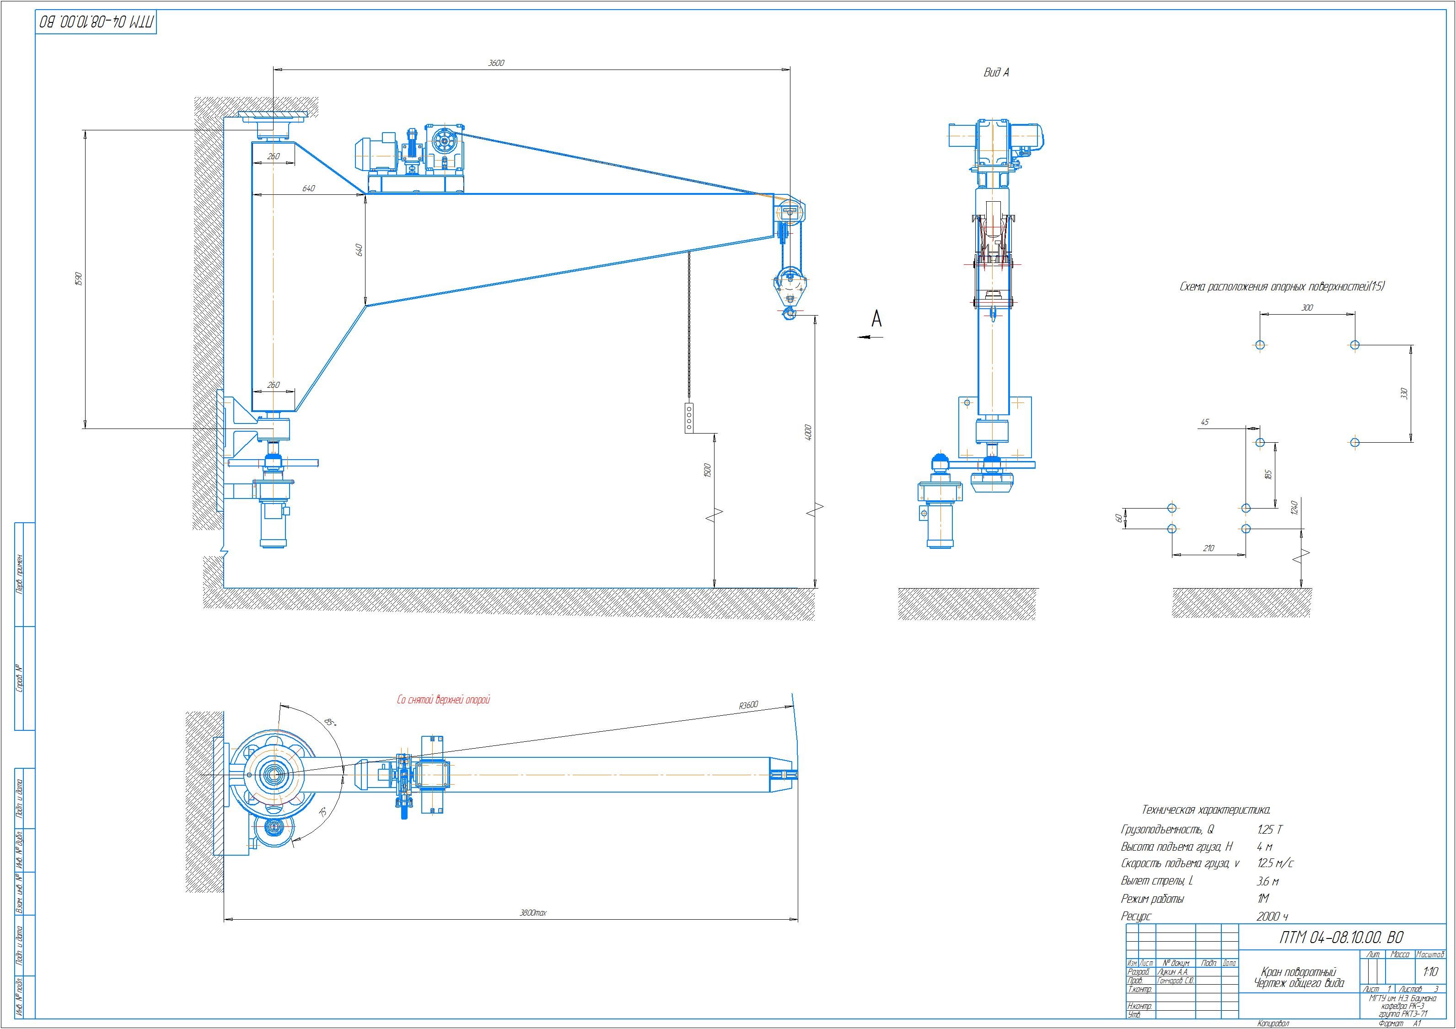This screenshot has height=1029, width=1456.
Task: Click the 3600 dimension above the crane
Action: tap(496, 63)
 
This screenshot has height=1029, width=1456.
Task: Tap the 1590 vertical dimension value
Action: tap(79, 279)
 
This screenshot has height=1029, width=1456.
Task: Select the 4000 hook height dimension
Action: tap(808, 432)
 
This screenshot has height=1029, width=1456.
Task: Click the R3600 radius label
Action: tap(748, 705)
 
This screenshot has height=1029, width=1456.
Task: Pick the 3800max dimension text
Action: tap(533, 912)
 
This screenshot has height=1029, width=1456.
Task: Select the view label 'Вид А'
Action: tap(996, 73)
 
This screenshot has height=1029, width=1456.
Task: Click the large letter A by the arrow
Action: tap(876, 318)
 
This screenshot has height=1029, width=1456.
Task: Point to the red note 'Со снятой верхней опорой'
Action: tap(443, 700)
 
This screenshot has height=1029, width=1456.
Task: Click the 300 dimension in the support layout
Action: tap(1307, 307)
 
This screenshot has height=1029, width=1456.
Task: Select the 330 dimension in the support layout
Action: tap(1403, 393)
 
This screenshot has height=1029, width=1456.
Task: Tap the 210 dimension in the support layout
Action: tap(1208, 548)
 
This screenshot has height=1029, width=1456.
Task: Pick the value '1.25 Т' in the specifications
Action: tap(1269, 829)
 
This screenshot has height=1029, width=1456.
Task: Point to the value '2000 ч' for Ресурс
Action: tap(1272, 916)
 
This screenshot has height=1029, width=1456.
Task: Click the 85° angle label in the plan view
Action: tap(330, 722)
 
